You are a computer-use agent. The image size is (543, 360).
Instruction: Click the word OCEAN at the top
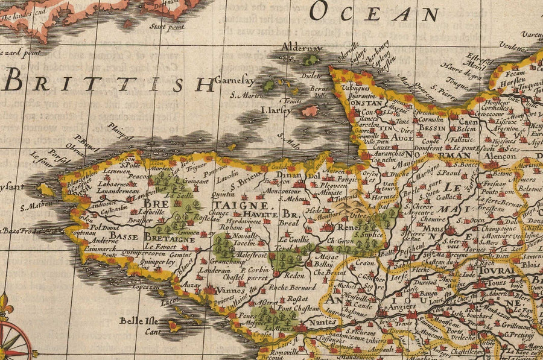pos(375,12)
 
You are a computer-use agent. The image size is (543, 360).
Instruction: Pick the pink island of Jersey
pos(310,111)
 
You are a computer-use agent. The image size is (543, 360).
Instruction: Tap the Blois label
pos(532,264)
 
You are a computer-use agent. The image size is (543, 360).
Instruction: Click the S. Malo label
pos(292,144)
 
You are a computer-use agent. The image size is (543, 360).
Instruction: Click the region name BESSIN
pos(432,128)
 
